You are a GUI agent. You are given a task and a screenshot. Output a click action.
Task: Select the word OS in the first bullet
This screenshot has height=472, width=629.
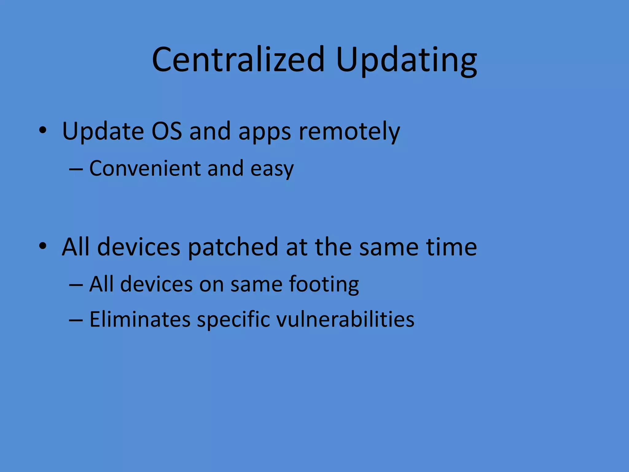click(x=167, y=131)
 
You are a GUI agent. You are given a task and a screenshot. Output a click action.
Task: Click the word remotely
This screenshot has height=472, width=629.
click(x=349, y=131)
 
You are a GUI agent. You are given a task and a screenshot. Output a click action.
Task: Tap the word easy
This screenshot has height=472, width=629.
click(x=272, y=170)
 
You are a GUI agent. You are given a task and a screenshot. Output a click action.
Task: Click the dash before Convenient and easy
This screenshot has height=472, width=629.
click(x=76, y=169)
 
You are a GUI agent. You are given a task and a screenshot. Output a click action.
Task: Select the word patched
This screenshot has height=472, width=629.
click(x=233, y=247)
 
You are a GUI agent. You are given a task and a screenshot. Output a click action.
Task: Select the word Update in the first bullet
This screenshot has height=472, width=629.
click(x=103, y=131)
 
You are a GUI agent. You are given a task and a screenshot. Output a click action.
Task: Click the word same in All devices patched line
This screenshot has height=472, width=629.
click(x=389, y=247)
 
